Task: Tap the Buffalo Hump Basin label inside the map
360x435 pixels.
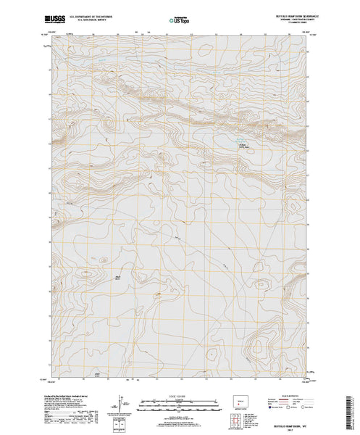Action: pos(244,146)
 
